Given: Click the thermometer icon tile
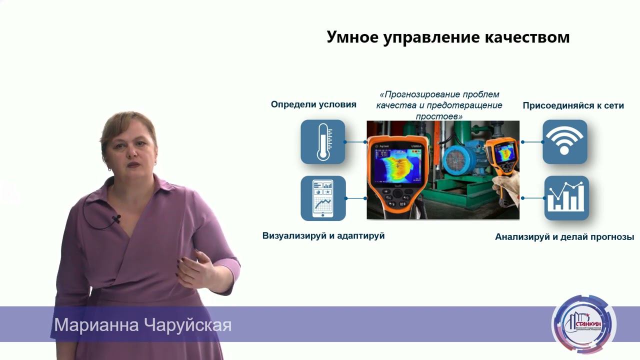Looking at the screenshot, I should (x=322, y=142).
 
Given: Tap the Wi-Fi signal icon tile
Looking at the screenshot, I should (x=564, y=141).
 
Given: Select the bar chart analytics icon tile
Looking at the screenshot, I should (x=566, y=198).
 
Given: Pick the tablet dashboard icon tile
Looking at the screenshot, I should (x=323, y=198).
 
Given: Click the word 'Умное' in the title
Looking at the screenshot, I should (x=352, y=37).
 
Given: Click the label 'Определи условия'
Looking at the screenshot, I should (x=313, y=104).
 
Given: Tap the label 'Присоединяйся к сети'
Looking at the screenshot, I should (x=573, y=106).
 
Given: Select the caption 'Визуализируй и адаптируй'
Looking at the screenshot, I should (x=323, y=235).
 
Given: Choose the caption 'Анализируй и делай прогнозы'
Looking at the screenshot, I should (x=564, y=237).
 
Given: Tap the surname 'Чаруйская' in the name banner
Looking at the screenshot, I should (x=187, y=325).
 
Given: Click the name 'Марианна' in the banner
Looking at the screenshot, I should (x=96, y=325).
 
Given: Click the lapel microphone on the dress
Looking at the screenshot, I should (x=116, y=219).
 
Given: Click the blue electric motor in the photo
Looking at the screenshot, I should (x=461, y=160).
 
